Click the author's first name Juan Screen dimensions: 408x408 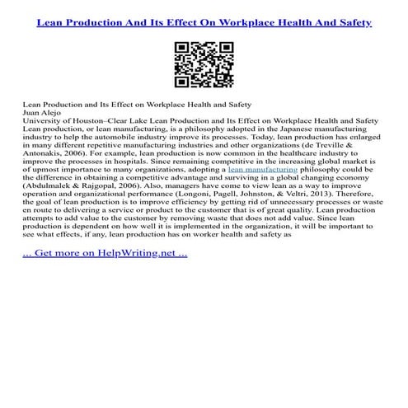click(x=32, y=114)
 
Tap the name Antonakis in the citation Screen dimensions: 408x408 click(x=49, y=151)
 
